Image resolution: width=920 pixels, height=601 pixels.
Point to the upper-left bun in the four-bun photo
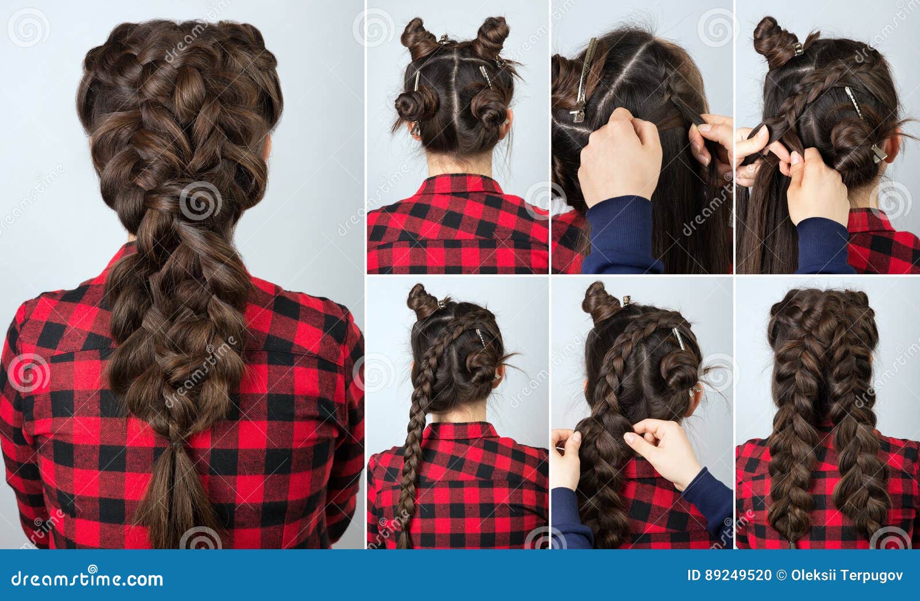(418, 36)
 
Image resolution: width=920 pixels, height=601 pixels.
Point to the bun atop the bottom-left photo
(423, 300)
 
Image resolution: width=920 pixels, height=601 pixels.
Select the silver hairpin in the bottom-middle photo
(678, 338)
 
